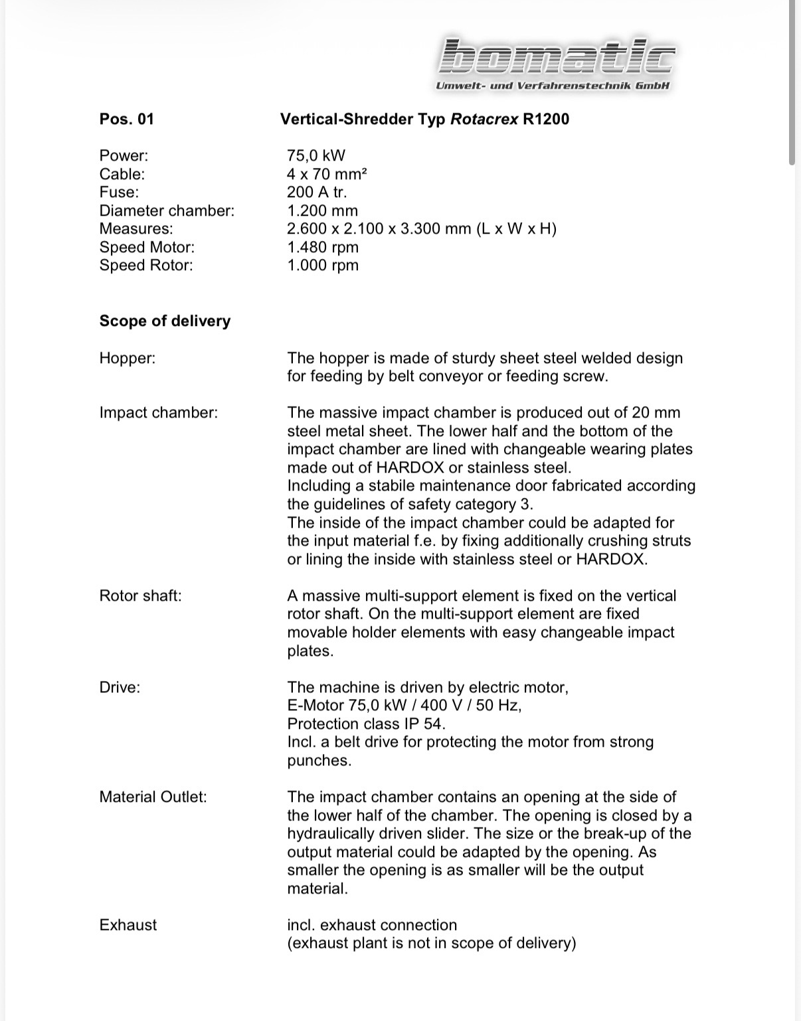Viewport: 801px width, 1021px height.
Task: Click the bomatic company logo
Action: click(556, 56)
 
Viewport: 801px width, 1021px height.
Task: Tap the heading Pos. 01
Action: click(126, 119)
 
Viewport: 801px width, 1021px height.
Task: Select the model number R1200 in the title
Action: click(546, 119)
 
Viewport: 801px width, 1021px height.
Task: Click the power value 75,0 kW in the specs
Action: click(315, 155)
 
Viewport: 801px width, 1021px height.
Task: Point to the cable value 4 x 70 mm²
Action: click(327, 174)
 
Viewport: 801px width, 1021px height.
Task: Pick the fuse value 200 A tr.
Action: click(317, 192)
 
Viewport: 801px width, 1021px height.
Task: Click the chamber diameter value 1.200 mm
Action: click(322, 210)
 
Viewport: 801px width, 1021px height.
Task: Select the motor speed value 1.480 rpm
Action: click(322, 247)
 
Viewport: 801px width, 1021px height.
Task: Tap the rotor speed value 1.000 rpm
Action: click(322, 265)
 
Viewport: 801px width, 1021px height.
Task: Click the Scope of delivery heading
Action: click(165, 321)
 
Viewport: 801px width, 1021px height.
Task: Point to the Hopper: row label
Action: click(128, 358)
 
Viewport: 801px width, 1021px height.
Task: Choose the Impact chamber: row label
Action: click(158, 412)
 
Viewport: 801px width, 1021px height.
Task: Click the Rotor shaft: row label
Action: click(140, 595)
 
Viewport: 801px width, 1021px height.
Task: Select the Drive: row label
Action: click(120, 687)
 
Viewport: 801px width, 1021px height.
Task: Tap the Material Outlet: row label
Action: click(153, 797)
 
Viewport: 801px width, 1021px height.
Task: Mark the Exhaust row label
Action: click(128, 925)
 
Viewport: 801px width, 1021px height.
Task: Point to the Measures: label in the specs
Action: click(135, 228)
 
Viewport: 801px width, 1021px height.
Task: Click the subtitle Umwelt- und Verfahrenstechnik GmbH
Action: click(553, 86)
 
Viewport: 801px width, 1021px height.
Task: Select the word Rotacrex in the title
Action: click(484, 119)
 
